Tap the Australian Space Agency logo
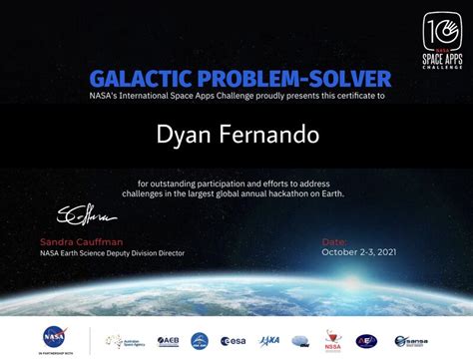[x=123, y=340]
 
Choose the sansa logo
[x=412, y=341]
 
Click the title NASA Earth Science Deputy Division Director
[x=112, y=253]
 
